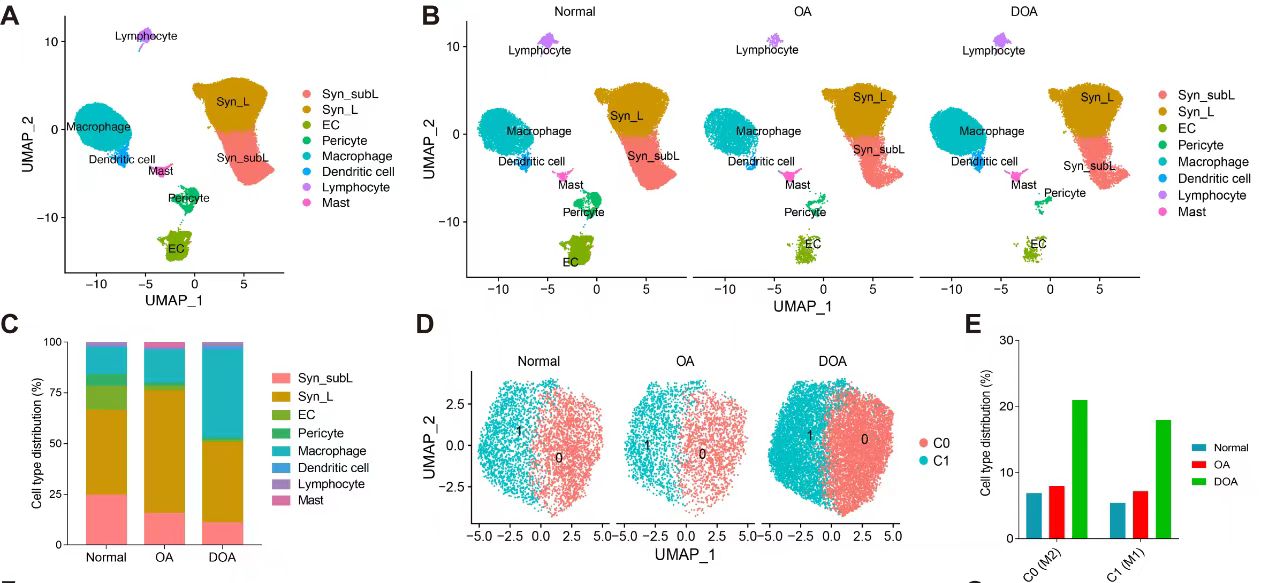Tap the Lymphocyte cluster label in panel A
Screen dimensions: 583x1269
point(146,36)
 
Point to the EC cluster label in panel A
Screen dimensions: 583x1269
point(175,247)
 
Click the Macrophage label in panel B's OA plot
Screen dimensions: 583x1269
point(768,131)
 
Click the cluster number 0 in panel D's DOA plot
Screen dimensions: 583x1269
point(863,438)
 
